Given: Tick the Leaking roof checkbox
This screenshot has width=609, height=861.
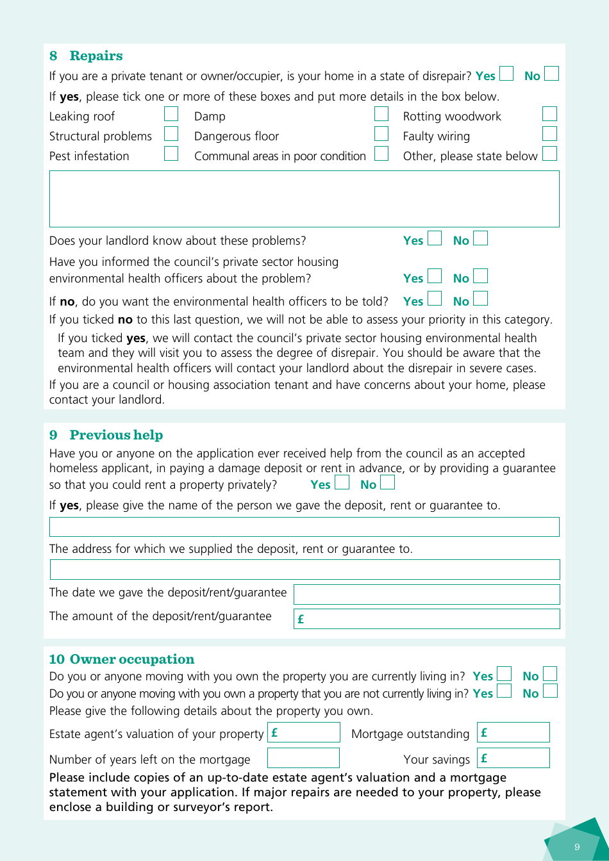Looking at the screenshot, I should tap(171, 114).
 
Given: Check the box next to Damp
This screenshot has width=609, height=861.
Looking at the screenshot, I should tap(381, 114).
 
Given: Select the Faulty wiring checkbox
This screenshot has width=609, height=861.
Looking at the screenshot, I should tap(549, 134).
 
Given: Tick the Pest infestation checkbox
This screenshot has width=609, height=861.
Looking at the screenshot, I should tap(171, 154).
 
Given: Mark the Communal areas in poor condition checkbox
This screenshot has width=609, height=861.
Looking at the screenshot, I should tap(381, 154).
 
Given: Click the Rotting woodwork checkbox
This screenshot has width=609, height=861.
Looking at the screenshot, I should tap(549, 114).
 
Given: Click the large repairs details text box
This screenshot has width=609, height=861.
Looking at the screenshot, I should tap(304, 199).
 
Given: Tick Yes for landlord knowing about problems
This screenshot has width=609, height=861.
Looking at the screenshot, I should tap(435, 238).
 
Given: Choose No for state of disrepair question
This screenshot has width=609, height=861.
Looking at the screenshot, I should tap(551, 74).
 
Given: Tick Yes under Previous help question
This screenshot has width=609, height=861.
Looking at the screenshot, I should tap(342, 482).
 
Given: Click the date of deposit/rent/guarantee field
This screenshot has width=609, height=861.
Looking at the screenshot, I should tap(426, 594).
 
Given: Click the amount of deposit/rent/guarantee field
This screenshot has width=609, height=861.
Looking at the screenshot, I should tap(426, 619).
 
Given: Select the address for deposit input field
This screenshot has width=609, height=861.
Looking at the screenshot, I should tap(304, 570).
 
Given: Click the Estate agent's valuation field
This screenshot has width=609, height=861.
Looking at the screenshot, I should tap(304, 732).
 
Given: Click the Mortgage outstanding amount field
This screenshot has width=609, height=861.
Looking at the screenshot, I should tap(513, 732).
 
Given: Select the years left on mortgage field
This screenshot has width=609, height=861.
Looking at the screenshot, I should tap(303, 758).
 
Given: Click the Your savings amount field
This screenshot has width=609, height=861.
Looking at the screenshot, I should tap(513, 758).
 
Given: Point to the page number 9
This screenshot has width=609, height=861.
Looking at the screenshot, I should tap(576, 847).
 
